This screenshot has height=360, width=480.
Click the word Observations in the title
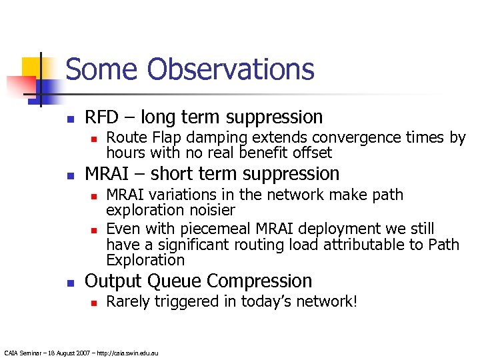pos(231,69)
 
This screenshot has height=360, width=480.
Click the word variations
pos(183,195)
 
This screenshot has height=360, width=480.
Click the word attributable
pos(368,245)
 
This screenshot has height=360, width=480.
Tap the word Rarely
pos(128,302)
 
